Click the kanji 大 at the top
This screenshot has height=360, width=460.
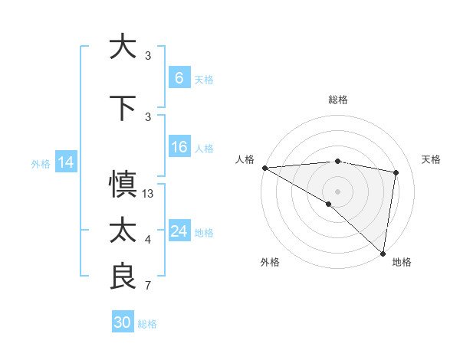click(123, 46)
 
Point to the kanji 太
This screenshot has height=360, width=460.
click(123, 231)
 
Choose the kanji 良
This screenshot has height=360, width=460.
click(123, 277)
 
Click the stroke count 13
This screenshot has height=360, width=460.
click(148, 194)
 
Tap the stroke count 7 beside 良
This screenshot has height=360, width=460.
click(148, 286)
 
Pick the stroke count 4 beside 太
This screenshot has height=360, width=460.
click(148, 241)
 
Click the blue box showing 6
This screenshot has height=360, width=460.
click(179, 77)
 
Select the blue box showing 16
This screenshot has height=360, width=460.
click(179, 147)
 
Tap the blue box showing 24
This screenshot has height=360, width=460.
click(179, 231)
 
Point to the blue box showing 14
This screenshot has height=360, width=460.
click(66, 162)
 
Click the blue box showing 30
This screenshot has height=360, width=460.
click(123, 322)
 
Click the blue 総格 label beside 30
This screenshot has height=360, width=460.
click(147, 324)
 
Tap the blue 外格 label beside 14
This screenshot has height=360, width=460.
click(41, 163)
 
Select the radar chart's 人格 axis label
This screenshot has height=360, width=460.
click(245, 159)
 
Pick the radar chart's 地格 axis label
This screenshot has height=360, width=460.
click(402, 262)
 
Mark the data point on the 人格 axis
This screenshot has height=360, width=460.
click(264, 168)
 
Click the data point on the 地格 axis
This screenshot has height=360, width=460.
click(382, 253)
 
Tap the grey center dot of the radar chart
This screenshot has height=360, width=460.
click(337, 190)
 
